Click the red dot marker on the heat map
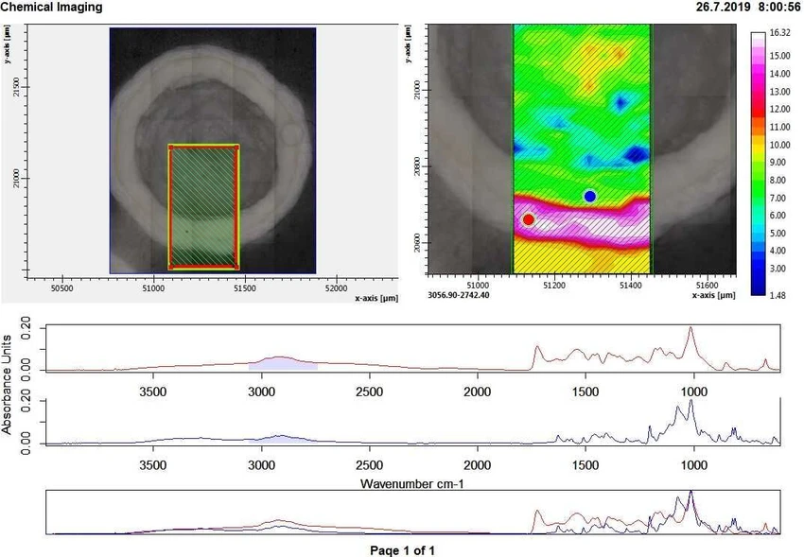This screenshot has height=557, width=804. pyautogui.click(x=529, y=219)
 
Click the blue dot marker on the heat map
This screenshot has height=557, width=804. pyautogui.click(x=590, y=196)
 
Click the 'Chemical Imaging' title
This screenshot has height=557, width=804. pyautogui.click(x=52, y=7)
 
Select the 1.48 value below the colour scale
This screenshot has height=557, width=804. pyautogui.click(x=779, y=294)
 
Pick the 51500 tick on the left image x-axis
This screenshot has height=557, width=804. pyautogui.click(x=244, y=287)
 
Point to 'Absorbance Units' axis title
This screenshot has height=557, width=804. pyautogui.click(x=8, y=383)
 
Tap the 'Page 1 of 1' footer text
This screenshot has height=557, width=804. pyautogui.click(x=403, y=549)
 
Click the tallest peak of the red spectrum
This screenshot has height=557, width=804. pyautogui.click(x=690, y=329)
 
